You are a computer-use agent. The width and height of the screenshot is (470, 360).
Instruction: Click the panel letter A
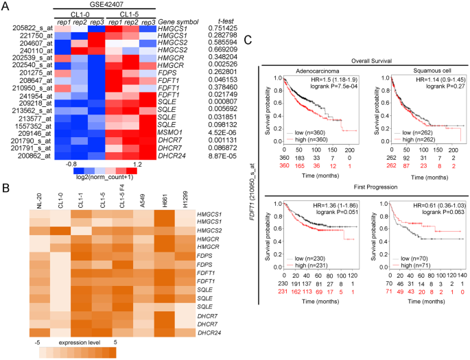(x=5, y=6)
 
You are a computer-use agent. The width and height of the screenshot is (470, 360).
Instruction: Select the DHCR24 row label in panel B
(x=194, y=332)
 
